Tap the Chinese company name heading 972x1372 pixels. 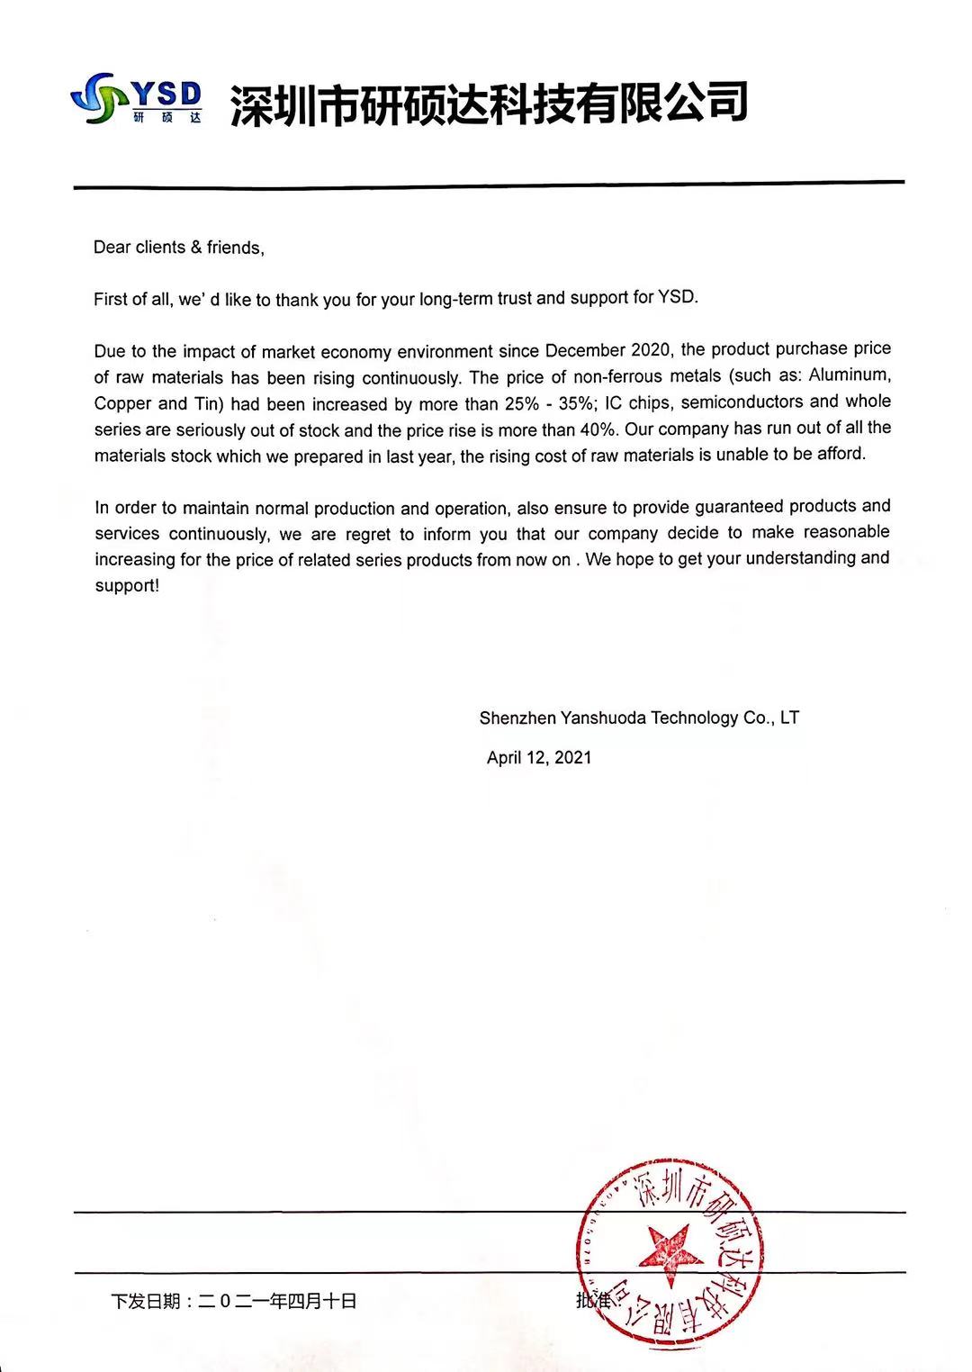[489, 103]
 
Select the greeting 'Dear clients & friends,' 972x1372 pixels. [178, 248]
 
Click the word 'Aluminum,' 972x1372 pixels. [849, 375]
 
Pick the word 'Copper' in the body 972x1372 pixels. [122, 403]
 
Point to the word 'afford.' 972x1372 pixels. [841, 454]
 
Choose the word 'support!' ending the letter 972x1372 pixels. [127, 586]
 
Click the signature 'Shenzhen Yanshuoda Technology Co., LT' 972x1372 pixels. [639, 718]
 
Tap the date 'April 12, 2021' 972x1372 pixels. [539, 758]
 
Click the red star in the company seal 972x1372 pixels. [669, 1252]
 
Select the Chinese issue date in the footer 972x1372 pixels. [234, 1301]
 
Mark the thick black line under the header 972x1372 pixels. [489, 185]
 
